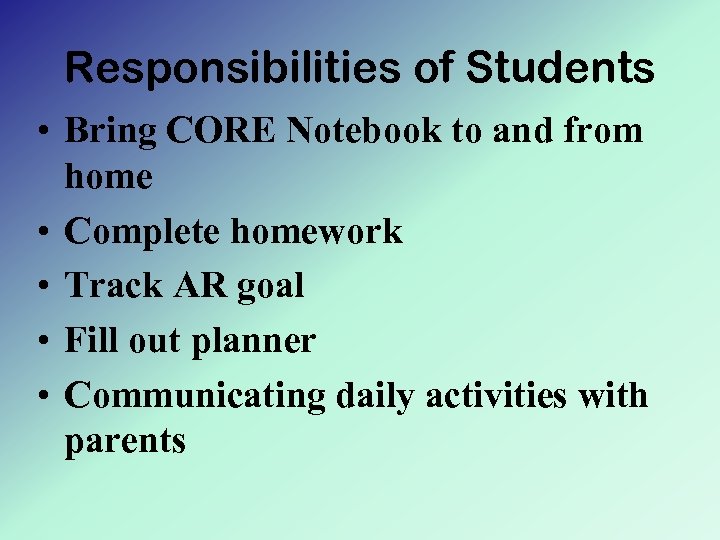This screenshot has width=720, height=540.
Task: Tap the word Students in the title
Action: (561, 69)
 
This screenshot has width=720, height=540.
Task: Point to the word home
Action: (109, 178)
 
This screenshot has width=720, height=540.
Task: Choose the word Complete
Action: (144, 233)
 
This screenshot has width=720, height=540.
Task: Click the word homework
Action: (317, 233)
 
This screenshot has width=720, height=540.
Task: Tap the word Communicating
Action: (196, 397)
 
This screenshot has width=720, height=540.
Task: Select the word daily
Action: (377, 397)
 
